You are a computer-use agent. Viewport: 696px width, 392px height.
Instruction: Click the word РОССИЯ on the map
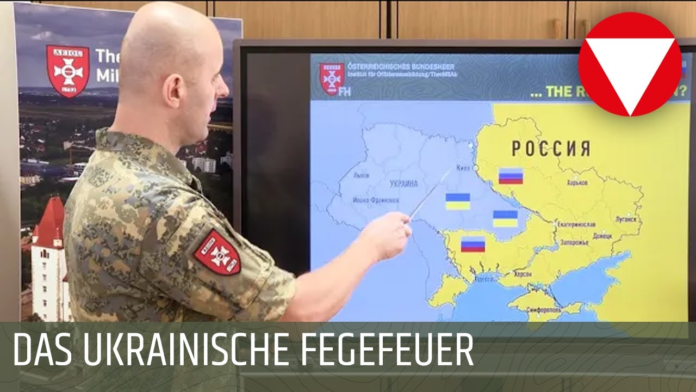pyautogui.click(x=550, y=148)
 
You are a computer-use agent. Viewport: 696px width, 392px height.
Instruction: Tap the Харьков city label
pyautogui.click(x=577, y=183)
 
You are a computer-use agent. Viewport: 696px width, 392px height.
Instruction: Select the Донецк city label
pyautogui.click(x=602, y=236)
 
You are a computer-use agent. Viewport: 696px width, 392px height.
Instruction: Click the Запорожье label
pyautogui.click(x=575, y=242)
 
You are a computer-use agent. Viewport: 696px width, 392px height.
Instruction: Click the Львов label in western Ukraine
pyautogui.click(x=361, y=175)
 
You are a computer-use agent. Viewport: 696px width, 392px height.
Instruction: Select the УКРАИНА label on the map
pyautogui.click(x=403, y=184)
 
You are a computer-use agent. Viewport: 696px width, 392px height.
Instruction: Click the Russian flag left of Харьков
pyautogui.click(x=511, y=176)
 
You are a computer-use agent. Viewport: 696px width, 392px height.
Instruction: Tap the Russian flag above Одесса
pyautogui.click(x=473, y=244)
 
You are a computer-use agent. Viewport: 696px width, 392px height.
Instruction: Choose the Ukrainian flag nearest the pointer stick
pyautogui.click(x=458, y=201)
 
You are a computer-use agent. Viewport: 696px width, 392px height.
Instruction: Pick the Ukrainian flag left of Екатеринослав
pyautogui.click(x=505, y=219)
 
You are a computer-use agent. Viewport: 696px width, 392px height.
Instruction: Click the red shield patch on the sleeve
pyautogui.click(x=217, y=252)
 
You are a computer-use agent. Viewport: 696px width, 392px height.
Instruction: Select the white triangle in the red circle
pyautogui.click(x=630, y=66)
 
